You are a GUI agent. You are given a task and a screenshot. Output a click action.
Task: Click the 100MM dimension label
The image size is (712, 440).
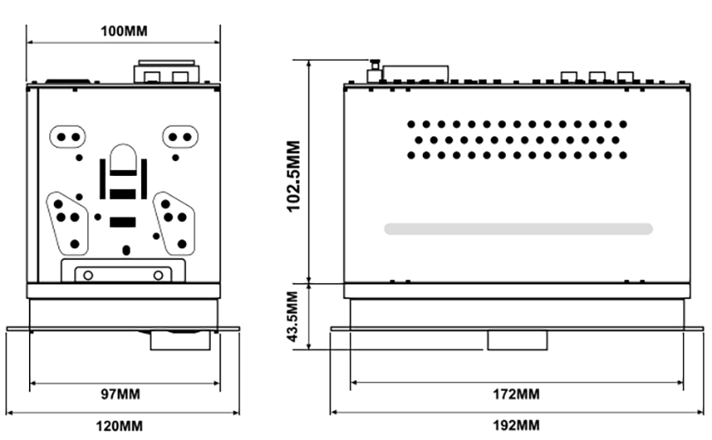(x=123, y=32)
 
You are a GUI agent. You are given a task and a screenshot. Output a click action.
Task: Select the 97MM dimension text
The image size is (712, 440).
(x=121, y=393)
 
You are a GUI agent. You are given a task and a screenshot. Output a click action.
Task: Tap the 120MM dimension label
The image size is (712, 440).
(x=119, y=426)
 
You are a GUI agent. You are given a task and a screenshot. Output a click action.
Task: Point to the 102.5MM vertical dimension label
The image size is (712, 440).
(x=293, y=176)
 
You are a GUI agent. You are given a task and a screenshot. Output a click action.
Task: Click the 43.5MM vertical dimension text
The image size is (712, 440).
(x=293, y=317)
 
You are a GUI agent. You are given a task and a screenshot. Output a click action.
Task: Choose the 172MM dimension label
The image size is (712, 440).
(x=516, y=393)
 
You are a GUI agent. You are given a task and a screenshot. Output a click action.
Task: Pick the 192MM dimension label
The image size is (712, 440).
(x=516, y=426)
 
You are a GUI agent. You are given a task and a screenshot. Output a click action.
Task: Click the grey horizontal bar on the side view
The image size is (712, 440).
(x=518, y=229)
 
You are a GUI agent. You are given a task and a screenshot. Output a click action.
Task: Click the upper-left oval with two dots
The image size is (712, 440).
(x=68, y=136)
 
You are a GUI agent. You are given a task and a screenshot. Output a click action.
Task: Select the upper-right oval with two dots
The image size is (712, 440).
(x=180, y=136)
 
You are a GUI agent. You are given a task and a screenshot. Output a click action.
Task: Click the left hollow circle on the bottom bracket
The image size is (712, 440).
(x=88, y=275)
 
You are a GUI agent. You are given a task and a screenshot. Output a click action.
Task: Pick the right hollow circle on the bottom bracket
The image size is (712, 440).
(x=158, y=275)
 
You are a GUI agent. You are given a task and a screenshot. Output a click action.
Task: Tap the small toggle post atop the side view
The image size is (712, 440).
(x=375, y=70)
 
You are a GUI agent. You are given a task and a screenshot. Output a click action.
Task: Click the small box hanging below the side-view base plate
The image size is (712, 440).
(x=517, y=341)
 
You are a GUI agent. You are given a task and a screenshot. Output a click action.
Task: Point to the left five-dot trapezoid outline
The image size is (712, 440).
(x=48, y=209)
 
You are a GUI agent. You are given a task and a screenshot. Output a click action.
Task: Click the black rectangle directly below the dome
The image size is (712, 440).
(x=122, y=194)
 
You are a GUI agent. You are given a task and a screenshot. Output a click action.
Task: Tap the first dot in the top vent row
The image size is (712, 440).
(x=411, y=124)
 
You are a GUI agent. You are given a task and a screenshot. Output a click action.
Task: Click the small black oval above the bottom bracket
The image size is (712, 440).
(x=126, y=251)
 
